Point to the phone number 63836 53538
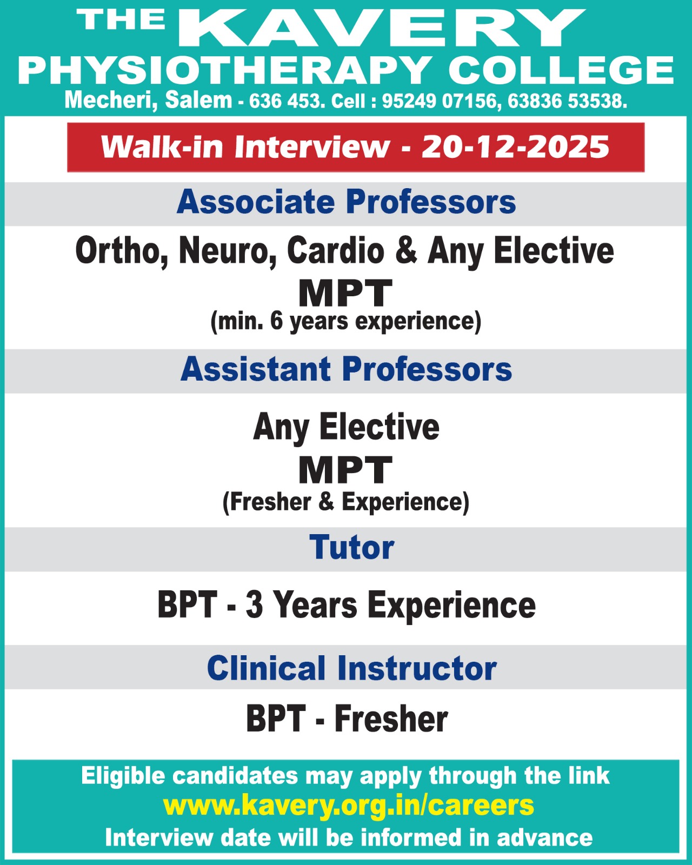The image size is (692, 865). pos(567,101)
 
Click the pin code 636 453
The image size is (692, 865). pos(287,101)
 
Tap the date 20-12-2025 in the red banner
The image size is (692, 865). pos(515,147)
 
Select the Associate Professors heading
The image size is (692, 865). pos(346,202)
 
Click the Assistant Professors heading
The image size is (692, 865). pos(346,369)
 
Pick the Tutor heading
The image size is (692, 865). pos(352,548)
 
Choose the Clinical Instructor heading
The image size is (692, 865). pos(352,668)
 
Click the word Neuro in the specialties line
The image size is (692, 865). pos(228,251)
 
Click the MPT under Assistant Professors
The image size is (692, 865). pos(345,470)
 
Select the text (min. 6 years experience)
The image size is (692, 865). pos(346,322)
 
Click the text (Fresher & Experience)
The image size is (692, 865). pos(346,502)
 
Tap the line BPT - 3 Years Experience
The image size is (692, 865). pos(347,605)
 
